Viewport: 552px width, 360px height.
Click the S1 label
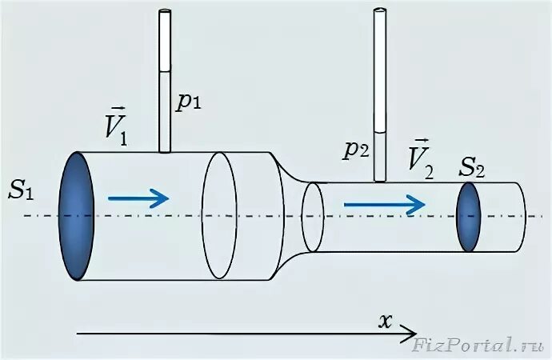tap(22, 190)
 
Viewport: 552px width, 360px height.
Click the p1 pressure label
tap(189, 102)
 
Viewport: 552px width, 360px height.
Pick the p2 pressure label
tap(357, 150)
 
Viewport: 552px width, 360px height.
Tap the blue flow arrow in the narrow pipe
tap(384, 205)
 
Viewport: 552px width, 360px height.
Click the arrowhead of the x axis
tap(411, 330)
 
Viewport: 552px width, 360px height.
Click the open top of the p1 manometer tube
tap(166, 11)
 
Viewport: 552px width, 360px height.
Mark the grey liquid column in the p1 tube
tap(166, 111)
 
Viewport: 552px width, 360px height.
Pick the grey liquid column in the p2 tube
tap(381, 155)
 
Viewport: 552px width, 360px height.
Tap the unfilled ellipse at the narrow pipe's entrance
tap(313, 216)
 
